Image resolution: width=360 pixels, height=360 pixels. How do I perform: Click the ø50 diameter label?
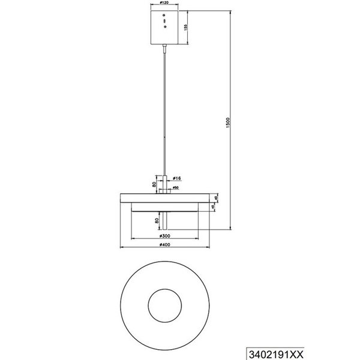coord(176,188)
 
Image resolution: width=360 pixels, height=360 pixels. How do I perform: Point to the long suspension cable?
coord(164,108)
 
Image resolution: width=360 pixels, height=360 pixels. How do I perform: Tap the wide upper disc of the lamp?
coord(164,197)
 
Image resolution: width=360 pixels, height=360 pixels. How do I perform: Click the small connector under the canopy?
coord(164,49)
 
